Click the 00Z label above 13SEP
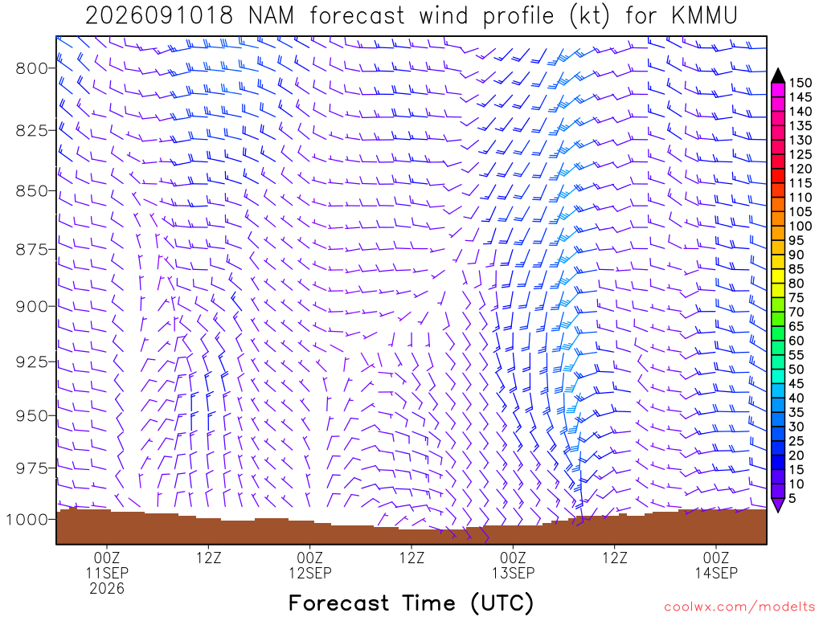pyautogui.click(x=513, y=558)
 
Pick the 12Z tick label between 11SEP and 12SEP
pyautogui.click(x=209, y=558)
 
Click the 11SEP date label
pyautogui.click(x=107, y=573)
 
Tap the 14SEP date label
pyautogui.click(x=716, y=573)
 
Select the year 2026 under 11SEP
pyautogui.click(x=107, y=589)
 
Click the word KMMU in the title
pyautogui.click(x=704, y=16)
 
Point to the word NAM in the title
pyautogui.click(x=272, y=16)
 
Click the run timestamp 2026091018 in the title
pyautogui.click(x=159, y=16)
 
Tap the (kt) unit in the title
pyautogui.click(x=590, y=16)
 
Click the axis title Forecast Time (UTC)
pyautogui.click(x=411, y=603)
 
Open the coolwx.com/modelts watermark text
pyautogui.click(x=739, y=607)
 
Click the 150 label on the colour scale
pyautogui.click(x=800, y=83)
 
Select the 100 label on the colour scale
pyautogui.click(x=800, y=226)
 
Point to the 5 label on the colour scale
pyautogui.click(x=792, y=498)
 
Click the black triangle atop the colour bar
pyautogui.click(x=778, y=76)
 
